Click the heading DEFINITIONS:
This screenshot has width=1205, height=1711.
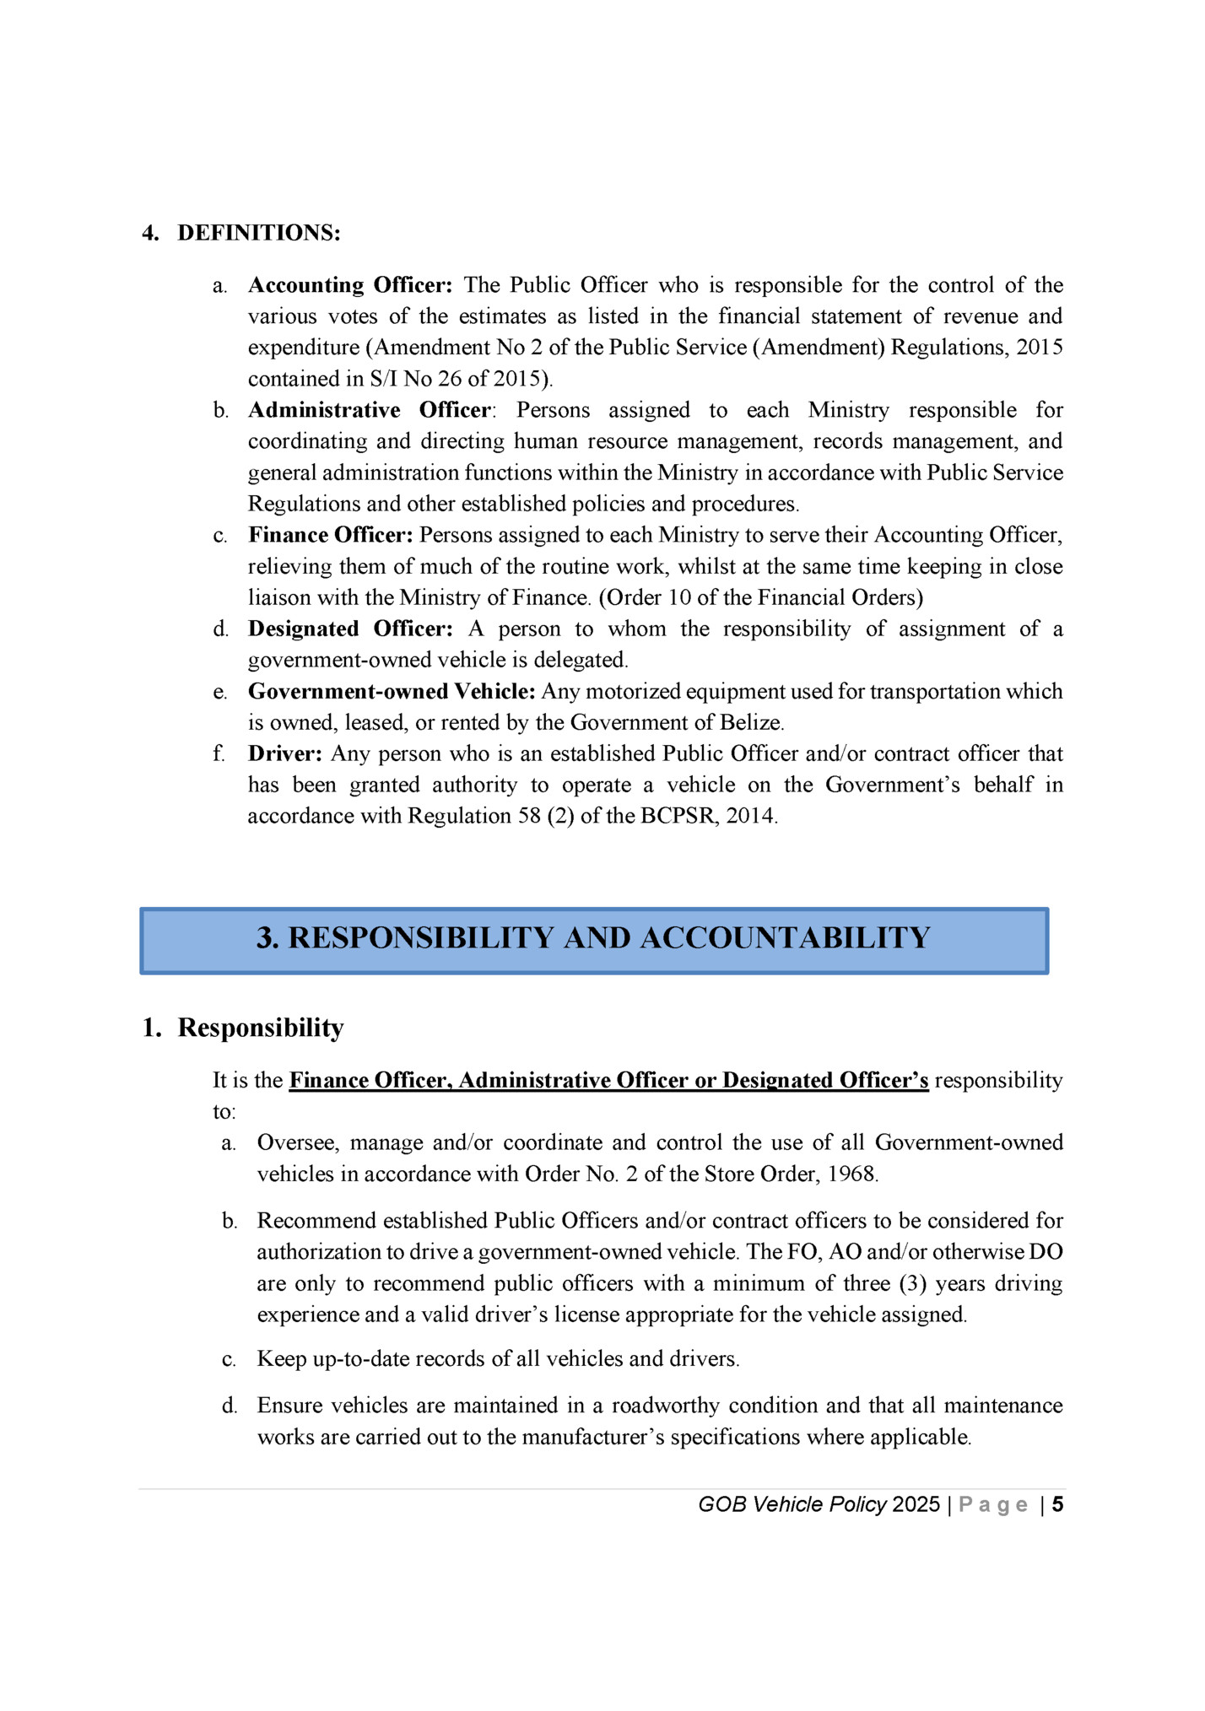click(258, 233)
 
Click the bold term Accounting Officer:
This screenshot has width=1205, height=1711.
click(350, 285)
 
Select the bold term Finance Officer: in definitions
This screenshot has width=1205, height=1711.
click(330, 535)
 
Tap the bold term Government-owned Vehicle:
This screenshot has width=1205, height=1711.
click(392, 691)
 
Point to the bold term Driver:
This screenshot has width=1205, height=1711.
click(284, 753)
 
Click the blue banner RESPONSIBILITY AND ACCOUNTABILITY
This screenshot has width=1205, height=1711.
click(593, 939)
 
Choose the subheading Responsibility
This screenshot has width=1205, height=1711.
click(261, 1028)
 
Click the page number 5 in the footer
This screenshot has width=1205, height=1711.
click(1057, 1505)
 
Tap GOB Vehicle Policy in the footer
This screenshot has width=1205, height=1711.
click(792, 1505)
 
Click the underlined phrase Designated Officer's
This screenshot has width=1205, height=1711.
click(825, 1081)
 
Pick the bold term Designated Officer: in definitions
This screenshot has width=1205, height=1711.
click(350, 629)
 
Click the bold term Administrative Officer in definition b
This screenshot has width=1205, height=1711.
click(369, 410)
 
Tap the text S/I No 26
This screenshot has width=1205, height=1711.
click(415, 379)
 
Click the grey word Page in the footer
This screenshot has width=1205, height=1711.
click(993, 1505)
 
